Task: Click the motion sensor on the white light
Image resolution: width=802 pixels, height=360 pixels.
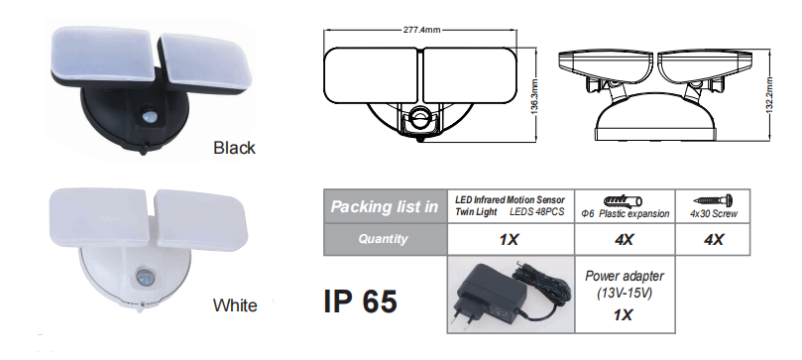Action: click(x=144, y=277)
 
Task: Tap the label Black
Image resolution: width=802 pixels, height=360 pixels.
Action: click(x=234, y=148)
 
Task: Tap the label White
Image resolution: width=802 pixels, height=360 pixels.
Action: click(x=235, y=305)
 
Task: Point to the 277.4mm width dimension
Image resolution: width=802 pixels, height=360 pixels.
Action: click(x=422, y=30)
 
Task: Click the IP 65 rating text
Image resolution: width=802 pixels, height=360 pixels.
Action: click(x=361, y=300)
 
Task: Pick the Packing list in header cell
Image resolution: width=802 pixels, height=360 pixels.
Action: click(x=385, y=206)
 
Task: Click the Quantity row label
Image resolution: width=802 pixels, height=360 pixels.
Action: click(x=383, y=239)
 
